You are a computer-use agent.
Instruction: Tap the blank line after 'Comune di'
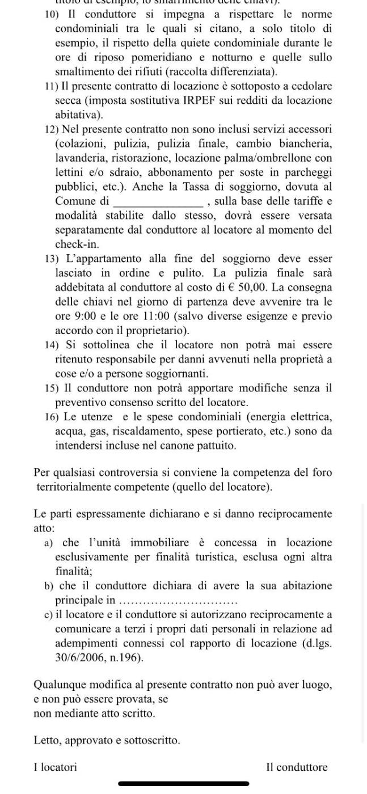159,201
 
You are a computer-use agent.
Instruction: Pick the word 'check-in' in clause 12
77,244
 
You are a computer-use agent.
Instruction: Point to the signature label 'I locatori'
55,767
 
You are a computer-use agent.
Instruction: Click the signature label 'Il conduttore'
297,767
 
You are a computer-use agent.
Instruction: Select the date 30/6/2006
79,658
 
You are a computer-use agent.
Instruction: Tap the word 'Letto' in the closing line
47,741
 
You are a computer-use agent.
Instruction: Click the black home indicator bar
184,784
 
